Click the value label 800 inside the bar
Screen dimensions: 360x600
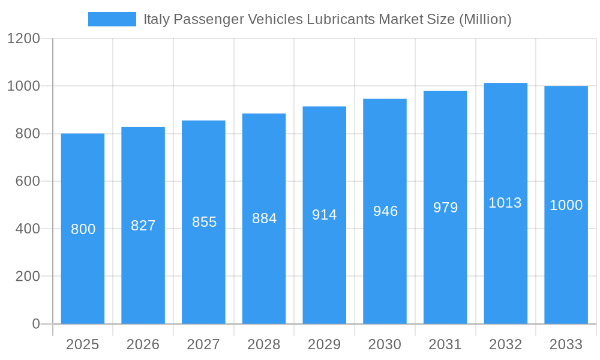tap(83, 229)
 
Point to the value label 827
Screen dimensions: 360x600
tap(143, 226)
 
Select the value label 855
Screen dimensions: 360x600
tap(204, 222)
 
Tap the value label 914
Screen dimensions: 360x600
tap(325, 215)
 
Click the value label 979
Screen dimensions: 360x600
tap(445, 208)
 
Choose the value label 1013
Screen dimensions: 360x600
tap(505, 203)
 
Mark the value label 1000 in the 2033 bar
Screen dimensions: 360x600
tap(566, 205)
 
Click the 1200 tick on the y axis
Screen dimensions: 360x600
tap(23, 39)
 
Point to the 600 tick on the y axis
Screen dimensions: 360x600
tap(27, 181)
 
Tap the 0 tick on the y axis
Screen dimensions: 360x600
tap(36, 324)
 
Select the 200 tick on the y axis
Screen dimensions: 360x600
tap(27, 277)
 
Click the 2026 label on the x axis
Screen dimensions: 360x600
tap(143, 344)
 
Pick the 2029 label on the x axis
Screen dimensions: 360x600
tap(325, 344)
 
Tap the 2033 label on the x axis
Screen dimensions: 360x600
tap(566, 344)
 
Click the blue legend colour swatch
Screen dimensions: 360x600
tap(112, 19)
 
